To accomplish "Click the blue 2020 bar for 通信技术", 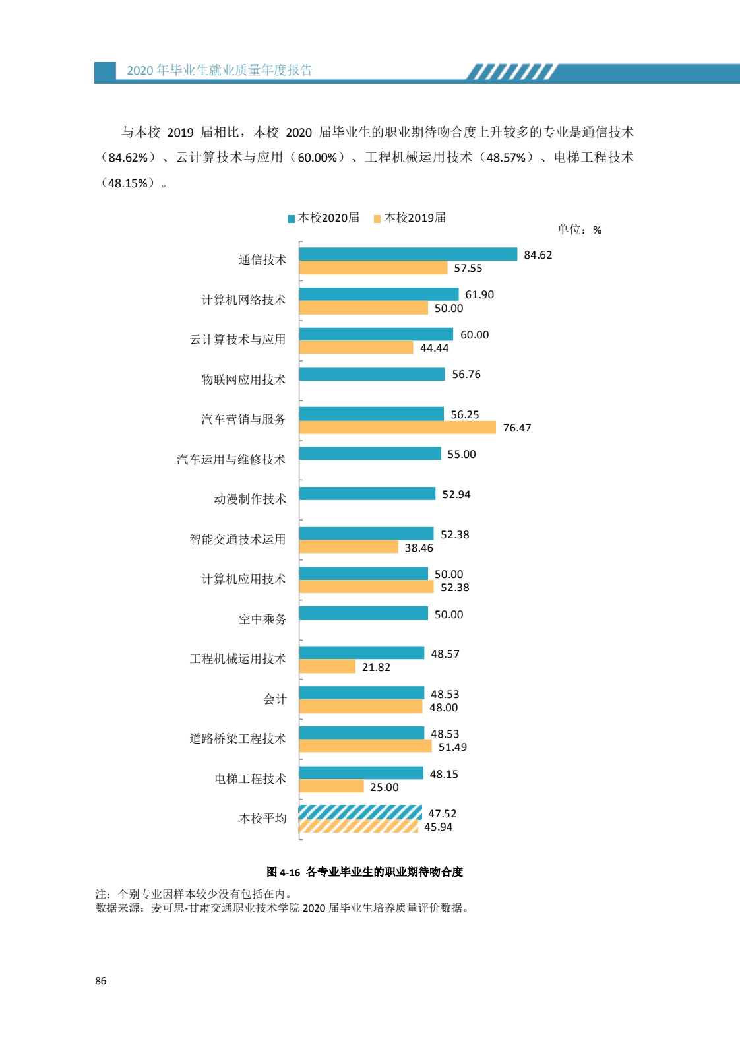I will click(x=408, y=254).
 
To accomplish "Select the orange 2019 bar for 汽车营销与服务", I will click(x=397, y=428).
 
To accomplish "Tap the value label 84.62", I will click(x=538, y=255).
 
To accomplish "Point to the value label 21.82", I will click(x=376, y=667).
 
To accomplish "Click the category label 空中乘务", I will click(x=262, y=619).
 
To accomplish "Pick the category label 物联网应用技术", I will click(x=243, y=379).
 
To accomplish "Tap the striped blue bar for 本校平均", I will click(x=360, y=812).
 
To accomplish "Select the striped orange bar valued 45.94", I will click(x=358, y=826).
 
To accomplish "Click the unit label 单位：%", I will click(x=579, y=230).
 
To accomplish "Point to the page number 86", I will click(x=100, y=981).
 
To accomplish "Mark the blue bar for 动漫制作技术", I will click(x=367, y=493).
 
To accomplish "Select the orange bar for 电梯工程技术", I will click(x=331, y=786).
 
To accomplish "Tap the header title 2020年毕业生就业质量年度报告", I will click(x=220, y=71).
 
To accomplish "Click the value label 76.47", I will click(x=516, y=428).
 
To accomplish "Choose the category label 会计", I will click(x=275, y=699).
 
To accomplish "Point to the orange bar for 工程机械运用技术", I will click(x=327, y=666).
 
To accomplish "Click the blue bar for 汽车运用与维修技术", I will click(x=369, y=453).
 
